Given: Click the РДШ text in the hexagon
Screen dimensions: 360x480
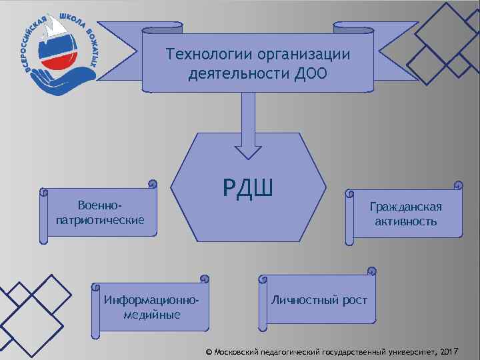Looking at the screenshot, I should (248, 190).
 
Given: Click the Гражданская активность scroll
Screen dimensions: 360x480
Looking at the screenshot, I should (405, 213).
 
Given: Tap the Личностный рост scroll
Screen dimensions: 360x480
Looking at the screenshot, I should (318, 300).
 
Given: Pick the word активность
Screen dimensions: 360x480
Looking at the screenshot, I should (405, 221).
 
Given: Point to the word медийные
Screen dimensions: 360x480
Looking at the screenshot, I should (152, 315).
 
